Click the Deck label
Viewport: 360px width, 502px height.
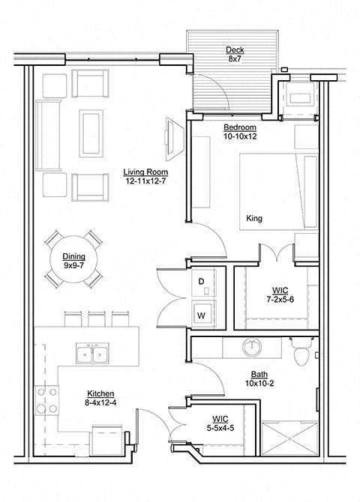[x=235, y=50]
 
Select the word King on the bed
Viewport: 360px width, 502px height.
[x=254, y=220]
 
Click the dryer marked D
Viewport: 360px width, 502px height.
[x=202, y=281]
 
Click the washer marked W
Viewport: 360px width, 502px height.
[x=202, y=315]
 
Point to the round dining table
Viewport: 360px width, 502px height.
[x=73, y=259]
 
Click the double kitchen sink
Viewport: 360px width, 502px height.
[x=94, y=354]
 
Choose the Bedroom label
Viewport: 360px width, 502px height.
[x=240, y=127]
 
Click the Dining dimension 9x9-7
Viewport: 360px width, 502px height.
[x=73, y=264]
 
